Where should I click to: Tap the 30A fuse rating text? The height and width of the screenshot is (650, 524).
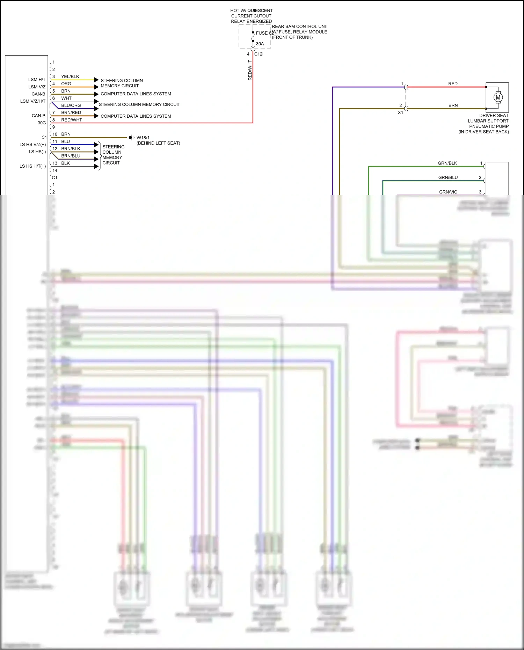pyautogui.click(x=260, y=44)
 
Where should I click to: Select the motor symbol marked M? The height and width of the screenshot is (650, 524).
pyautogui.click(x=498, y=97)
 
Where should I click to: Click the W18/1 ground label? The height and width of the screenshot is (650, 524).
pyautogui.click(x=143, y=138)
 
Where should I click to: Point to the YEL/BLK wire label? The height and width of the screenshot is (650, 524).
pyautogui.click(x=70, y=76)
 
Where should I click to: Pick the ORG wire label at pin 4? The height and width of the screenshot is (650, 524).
pyautogui.click(x=66, y=84)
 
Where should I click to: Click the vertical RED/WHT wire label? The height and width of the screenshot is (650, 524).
pyautogui.click(x=250, y=70)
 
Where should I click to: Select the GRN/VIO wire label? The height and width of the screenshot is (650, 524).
pyautogui.click(x=448, y=192)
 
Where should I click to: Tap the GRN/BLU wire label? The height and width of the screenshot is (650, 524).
pyautogui.click(x=448, y=177)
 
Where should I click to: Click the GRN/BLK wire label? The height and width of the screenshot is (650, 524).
pyautogui.click(x=447, y=163)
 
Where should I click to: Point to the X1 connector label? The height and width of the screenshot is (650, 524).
pyautogui.click(x=400, y=113)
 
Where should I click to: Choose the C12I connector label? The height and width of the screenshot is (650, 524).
pyautogui.click(x=259, y=54)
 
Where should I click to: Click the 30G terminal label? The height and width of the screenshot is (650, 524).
pyautogui.click(x=42, y=123)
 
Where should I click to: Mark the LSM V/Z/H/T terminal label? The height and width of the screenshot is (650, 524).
pyautogui.click(x=33, y=101)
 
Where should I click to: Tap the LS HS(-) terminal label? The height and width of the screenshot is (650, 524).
pyautogui.click(x=37, y=152)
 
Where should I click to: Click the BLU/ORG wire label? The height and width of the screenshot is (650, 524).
pyautogui.click(x=71, y=105)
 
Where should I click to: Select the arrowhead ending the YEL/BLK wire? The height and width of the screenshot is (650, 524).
pyautogui.click(x=96, y=80)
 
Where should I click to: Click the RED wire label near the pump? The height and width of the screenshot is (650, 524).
pyautogui.click(x=453, y=84)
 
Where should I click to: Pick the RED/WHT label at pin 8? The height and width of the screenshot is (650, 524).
pyautogui.click(x=72, y=120)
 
